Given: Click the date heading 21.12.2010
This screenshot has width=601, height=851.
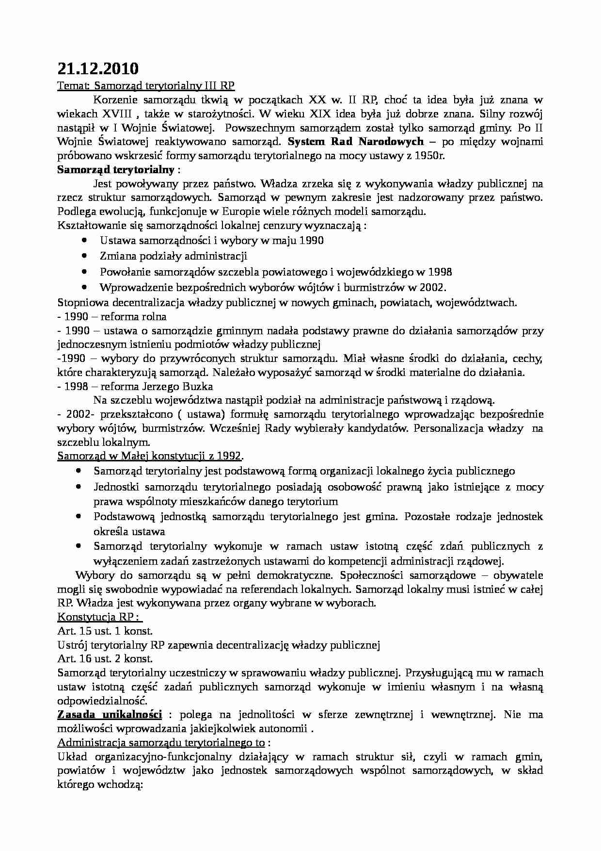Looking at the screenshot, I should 97,68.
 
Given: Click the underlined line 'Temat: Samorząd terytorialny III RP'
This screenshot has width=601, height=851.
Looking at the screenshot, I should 146,86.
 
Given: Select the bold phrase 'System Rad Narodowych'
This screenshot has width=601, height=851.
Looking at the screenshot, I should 355,142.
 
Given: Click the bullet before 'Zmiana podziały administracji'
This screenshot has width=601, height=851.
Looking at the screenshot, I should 85,255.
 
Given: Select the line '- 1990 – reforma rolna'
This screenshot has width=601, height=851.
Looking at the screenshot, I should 112,317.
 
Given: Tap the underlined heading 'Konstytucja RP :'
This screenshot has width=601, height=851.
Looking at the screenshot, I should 100,617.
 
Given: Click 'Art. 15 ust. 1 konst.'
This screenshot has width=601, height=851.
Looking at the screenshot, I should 105,631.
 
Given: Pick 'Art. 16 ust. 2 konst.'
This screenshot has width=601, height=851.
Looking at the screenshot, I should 105,659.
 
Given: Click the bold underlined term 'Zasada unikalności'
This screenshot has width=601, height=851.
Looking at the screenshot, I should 110,715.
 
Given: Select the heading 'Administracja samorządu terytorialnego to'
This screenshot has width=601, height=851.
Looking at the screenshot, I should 161,743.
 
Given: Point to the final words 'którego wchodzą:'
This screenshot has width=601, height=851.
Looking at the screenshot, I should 99,785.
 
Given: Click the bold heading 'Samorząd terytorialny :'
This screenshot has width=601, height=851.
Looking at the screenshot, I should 119,170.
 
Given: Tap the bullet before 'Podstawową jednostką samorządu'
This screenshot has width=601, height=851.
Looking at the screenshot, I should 79,516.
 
